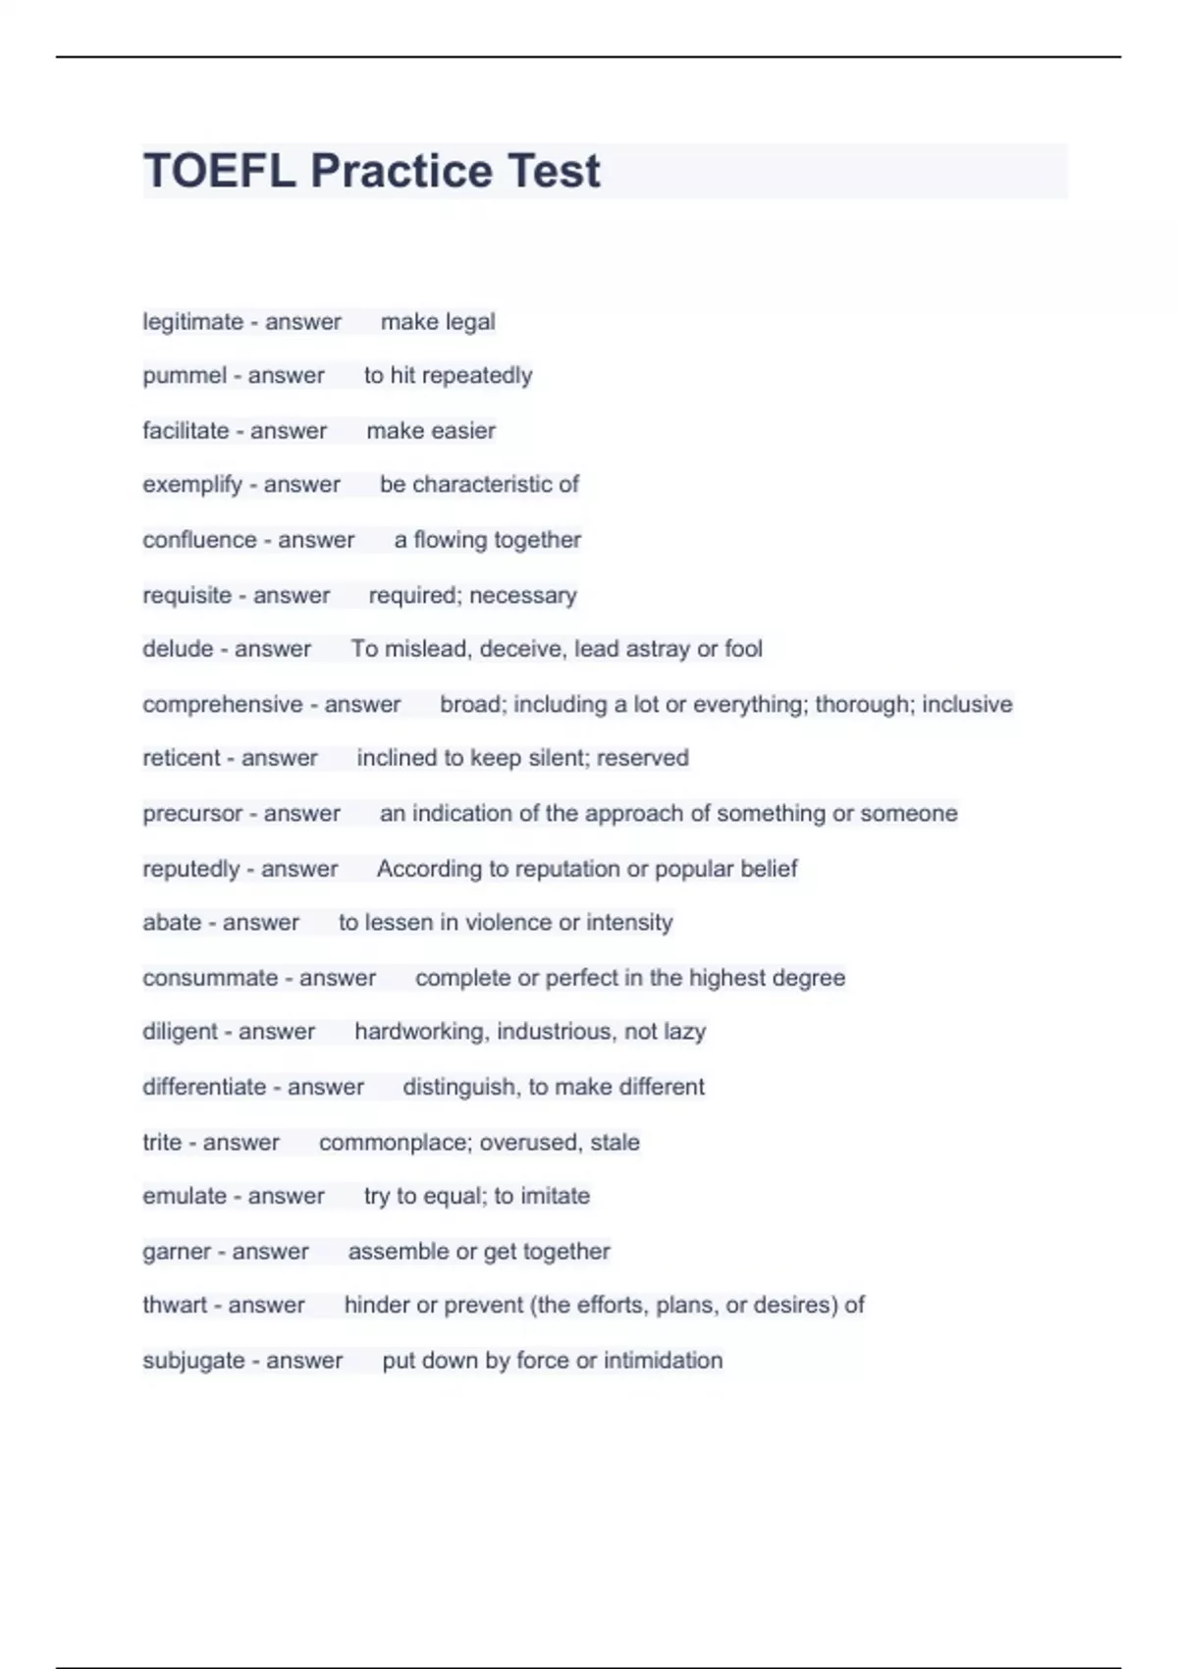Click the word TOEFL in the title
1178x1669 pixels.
[x=219, y=171]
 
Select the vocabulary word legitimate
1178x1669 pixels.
[x=192, y=322]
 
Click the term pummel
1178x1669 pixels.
[x=185, y=376]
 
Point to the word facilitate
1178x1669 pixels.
[x=186, y=431]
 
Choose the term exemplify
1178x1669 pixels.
[x=191, y=485]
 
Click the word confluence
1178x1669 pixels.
[x=199, y=540]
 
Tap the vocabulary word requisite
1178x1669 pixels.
[x=187, y=596]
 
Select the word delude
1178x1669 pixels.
[x=178, y=649]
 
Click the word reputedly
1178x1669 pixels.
[x=190, y=869]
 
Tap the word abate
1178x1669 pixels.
[x=172, y=923]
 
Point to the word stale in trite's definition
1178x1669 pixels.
[x=615, y=1143]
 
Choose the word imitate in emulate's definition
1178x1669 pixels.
[x=555, y=1196]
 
